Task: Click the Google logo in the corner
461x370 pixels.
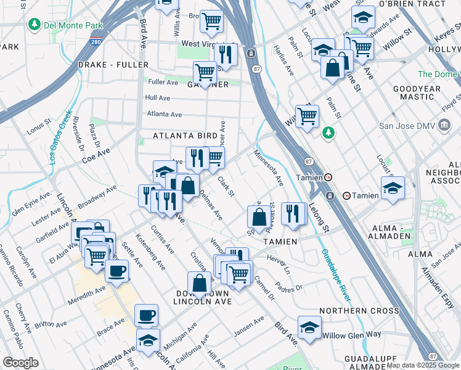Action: (x=21, y=363)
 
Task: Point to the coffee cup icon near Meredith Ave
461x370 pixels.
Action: (x=116, y=270)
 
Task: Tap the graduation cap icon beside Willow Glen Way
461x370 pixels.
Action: (x=309, y=326)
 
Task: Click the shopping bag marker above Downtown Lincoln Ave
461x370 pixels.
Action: (x=200, y=284)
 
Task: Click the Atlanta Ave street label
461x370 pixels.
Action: (x=164, y=114)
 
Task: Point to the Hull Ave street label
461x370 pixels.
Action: (x=157, y=98)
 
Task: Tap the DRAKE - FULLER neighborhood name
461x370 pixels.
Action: (x=113, y=65)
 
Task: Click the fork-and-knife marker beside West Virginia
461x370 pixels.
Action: (x=226, y=54)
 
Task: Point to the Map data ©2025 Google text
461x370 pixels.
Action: (x=423, y=365)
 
